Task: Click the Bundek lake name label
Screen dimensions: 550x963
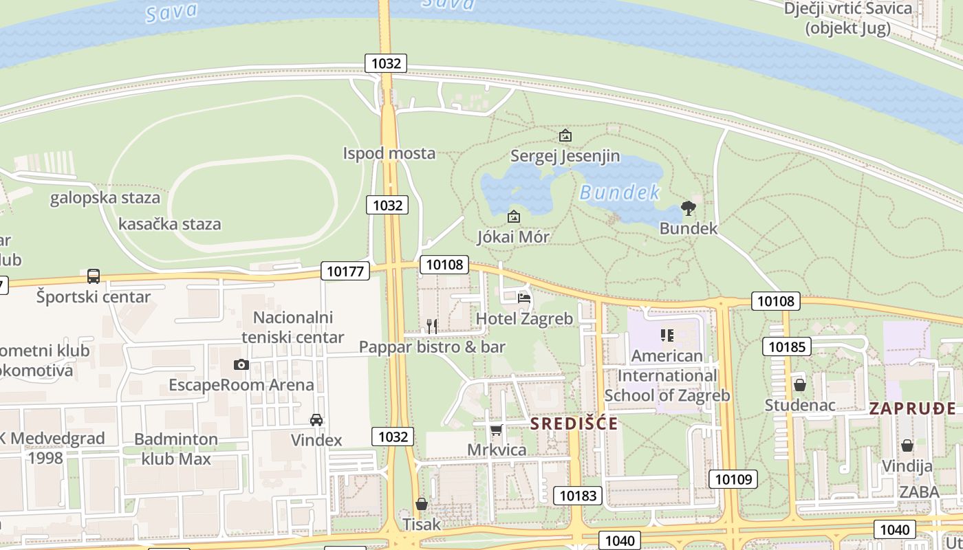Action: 620,192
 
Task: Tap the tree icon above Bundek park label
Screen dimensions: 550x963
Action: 688,208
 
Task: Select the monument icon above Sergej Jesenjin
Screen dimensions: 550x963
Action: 565,135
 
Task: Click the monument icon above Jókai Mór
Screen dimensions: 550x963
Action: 513,217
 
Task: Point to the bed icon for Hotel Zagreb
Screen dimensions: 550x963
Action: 524,298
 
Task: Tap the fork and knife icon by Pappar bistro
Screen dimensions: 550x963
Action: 432,326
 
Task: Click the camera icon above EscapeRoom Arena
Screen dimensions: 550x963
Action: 241,364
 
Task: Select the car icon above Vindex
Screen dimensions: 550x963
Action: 316,419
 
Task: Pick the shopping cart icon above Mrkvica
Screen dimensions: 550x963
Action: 496,430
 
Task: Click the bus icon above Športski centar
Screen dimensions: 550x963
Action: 94,276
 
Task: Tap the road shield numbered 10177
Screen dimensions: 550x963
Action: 345,271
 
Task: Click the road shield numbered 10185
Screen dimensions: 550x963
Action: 786,346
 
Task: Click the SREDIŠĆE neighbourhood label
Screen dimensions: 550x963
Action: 574,423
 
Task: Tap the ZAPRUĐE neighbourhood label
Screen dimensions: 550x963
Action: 912,408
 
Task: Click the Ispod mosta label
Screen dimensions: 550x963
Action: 389,153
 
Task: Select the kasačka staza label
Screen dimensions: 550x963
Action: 170,224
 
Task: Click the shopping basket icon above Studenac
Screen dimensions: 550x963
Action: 799,385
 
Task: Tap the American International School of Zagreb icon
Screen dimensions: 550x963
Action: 667,335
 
